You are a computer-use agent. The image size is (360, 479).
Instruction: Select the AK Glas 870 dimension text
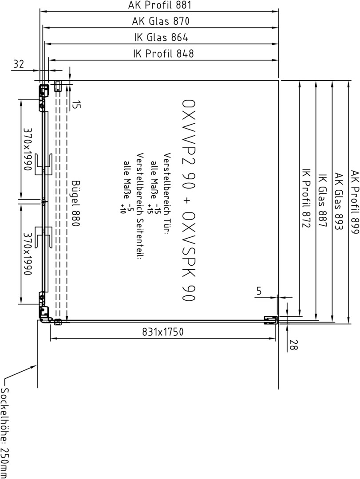tap(161, 21)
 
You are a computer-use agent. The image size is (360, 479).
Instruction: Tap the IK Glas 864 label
tap(161, 37)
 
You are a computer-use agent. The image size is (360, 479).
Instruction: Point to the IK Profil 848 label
tap(163, 54)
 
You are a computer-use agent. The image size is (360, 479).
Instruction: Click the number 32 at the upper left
tap(19, 64)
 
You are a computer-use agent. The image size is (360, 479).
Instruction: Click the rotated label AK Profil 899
tap(355, 202)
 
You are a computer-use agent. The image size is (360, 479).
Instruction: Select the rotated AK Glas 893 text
tap(338, 201)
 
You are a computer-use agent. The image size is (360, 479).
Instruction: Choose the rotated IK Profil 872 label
tap(306, 198)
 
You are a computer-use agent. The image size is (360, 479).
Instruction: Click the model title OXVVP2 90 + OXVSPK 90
tap(188, 200)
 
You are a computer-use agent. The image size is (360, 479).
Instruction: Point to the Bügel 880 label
tap(75, 203)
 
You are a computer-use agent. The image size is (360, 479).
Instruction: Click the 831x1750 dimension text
tap(163, 332)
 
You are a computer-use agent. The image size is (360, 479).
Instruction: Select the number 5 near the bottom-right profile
tap(259, 291)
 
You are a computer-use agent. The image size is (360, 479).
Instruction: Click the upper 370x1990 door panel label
tap(28, 149)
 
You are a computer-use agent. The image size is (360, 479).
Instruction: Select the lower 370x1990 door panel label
tap(28, 253)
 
